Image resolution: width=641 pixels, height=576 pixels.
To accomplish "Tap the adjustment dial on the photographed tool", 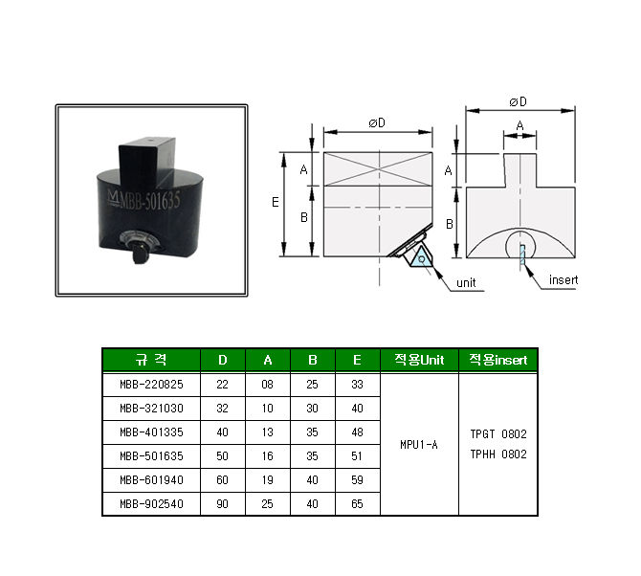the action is [x=139, y=242].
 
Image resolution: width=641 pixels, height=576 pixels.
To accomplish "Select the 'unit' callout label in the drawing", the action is [x=466, y=283].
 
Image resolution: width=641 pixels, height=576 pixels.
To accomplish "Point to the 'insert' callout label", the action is [x=564, y=280].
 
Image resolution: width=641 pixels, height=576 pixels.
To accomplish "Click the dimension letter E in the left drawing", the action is [x=276, y=202].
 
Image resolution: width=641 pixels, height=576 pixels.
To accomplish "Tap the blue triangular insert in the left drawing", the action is [x=422, y=258].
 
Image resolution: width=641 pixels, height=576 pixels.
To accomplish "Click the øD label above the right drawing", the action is [x=518, y=101].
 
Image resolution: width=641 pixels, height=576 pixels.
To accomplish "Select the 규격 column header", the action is [x=151, y=360].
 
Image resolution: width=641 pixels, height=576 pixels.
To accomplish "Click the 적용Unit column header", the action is [x=419, y=360].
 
